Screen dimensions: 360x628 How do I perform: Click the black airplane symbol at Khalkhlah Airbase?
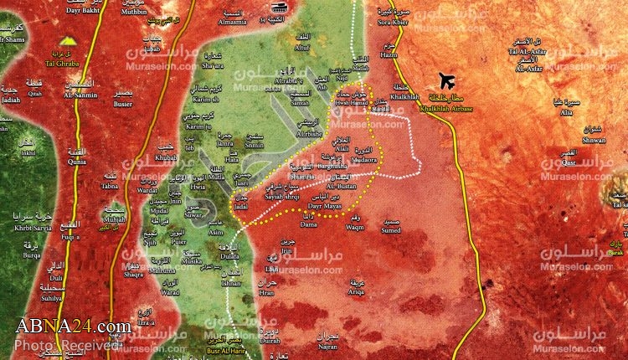[x=446, y=82]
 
